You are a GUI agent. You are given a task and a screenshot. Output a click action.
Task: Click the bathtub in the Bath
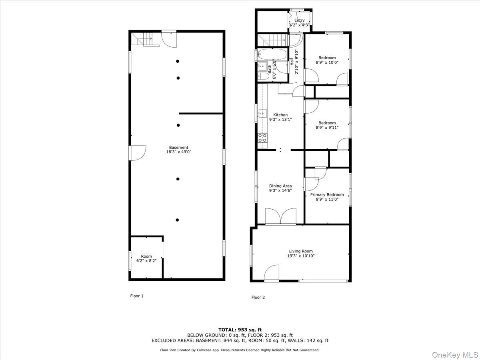tap(272, 54)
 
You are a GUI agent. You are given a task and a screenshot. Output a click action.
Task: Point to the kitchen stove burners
tap(263, 138)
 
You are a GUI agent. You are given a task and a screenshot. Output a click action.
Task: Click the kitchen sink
tap(262, 113)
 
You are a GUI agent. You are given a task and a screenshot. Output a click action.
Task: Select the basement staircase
tap(143, 40)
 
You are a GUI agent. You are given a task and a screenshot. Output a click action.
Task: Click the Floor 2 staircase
tap(272, 40)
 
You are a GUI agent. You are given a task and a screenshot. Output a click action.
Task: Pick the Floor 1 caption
tap(136, 296)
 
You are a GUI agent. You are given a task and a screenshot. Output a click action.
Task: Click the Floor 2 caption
tap(258, 297)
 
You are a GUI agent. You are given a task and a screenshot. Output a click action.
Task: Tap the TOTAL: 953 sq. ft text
tap(240, 330)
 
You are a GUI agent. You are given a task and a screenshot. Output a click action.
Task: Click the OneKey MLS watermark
tap(459, 354)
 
